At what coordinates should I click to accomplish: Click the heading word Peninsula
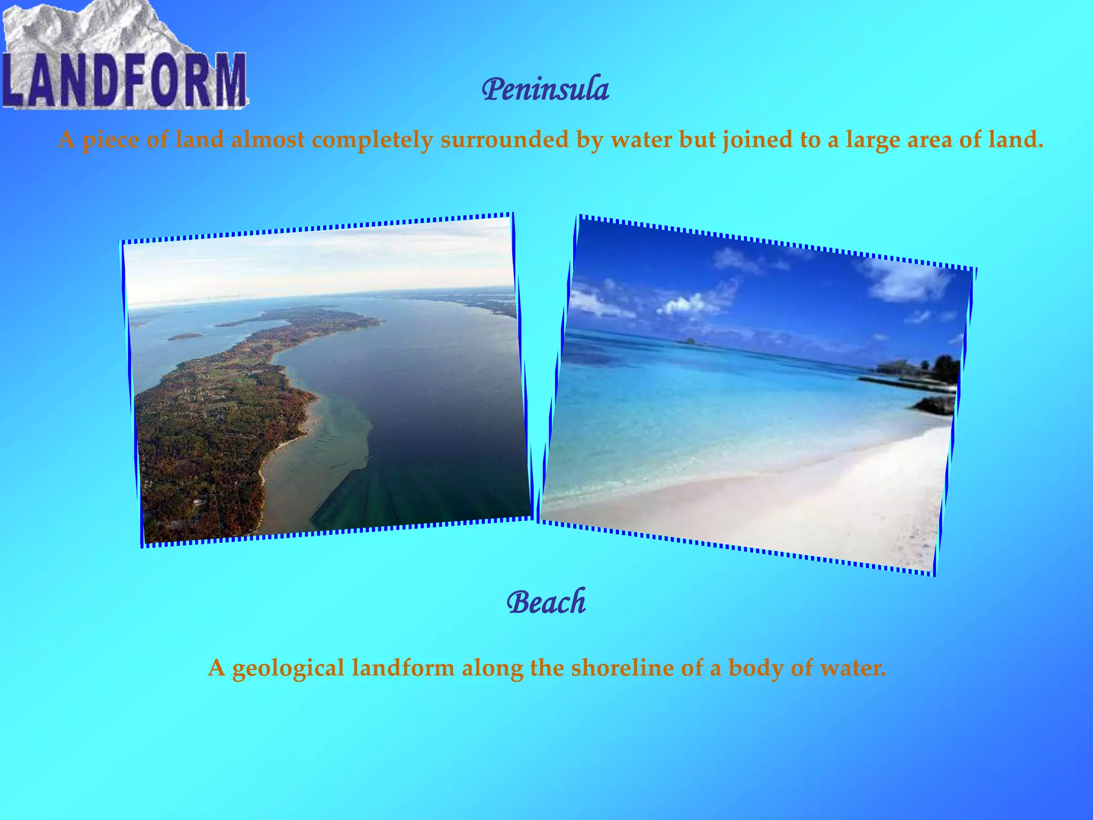coord(545,90)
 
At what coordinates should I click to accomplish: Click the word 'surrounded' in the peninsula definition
coord(504,140)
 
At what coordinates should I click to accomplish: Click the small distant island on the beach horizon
coord(692,341)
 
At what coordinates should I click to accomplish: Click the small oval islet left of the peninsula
coord(185,336)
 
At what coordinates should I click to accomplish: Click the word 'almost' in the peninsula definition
coord(268,140)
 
